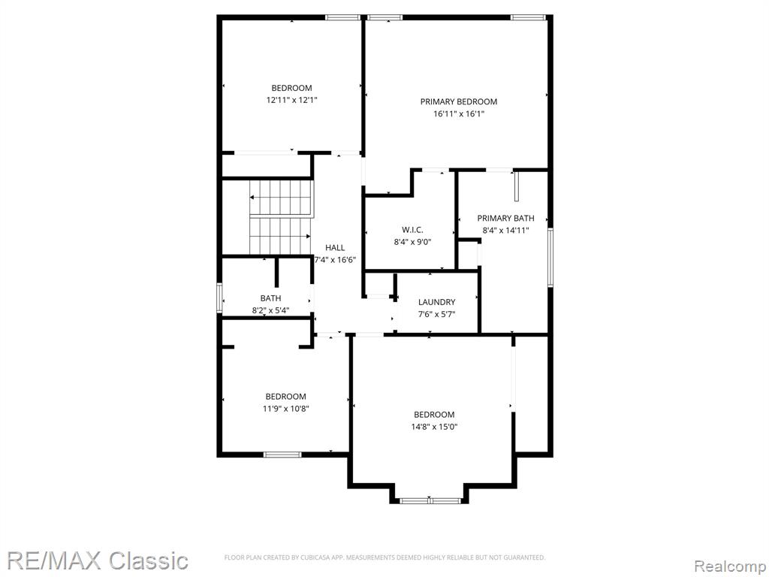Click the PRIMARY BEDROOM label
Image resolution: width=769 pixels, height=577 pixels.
(x=459, y=101)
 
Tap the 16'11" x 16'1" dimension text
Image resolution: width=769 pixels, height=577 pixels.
(x=459, y=114)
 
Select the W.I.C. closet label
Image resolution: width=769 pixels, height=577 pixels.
(x=412, y=230)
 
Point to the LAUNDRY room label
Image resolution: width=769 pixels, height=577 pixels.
(x=436, y=302)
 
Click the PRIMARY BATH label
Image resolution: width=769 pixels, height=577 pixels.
(x=505, y=219)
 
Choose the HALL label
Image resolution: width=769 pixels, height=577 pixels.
(x=335, y=248)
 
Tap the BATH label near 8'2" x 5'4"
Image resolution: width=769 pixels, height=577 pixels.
(x=270, y=298)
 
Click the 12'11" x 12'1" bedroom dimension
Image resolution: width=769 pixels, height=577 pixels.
(x=292, y=100)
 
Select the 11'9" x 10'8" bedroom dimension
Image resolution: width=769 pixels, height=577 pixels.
(x=286, y=409)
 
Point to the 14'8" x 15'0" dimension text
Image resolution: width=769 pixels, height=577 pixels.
(x=434, y=427)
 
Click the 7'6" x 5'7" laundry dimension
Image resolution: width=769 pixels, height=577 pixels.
(x=436, y=315)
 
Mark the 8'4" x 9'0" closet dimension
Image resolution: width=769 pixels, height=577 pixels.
(x=412, y=242)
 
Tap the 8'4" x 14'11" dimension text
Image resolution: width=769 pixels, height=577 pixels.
(x=505, y=231)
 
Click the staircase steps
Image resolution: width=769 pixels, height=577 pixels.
(x=281, y=217)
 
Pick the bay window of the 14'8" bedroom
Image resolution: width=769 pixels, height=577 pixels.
(x=430, y=501)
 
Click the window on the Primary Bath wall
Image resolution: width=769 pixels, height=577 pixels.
(x=550, y=257)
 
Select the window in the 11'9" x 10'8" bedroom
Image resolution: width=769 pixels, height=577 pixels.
(x=282, y=455)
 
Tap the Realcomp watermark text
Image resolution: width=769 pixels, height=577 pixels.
(x=730, y=566)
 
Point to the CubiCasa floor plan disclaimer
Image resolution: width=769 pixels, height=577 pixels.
(x=384, y=557)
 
